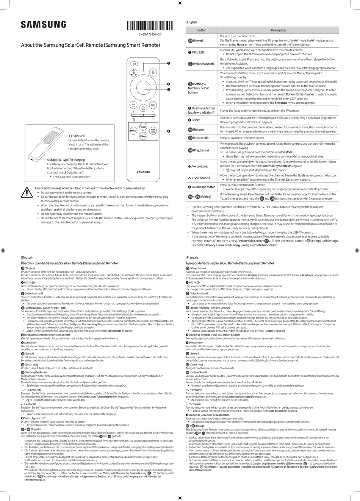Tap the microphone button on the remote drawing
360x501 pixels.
pos(153,72)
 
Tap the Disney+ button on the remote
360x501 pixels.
pos(143,136)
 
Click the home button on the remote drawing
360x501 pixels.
pos(143,108)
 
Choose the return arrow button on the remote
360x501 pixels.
pos(133,105)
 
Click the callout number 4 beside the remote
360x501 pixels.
pos(168,131)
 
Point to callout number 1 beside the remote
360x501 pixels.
pos(168,63)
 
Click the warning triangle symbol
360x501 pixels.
pos(27,192)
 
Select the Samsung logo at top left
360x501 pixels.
pos(43,25)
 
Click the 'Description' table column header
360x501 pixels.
pos(278,30)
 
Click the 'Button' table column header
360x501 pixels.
pos(202,30)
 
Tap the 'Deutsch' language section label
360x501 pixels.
pos(28,258)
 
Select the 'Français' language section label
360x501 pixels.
pos(193,258)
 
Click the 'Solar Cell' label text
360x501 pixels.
pos(78,136)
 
